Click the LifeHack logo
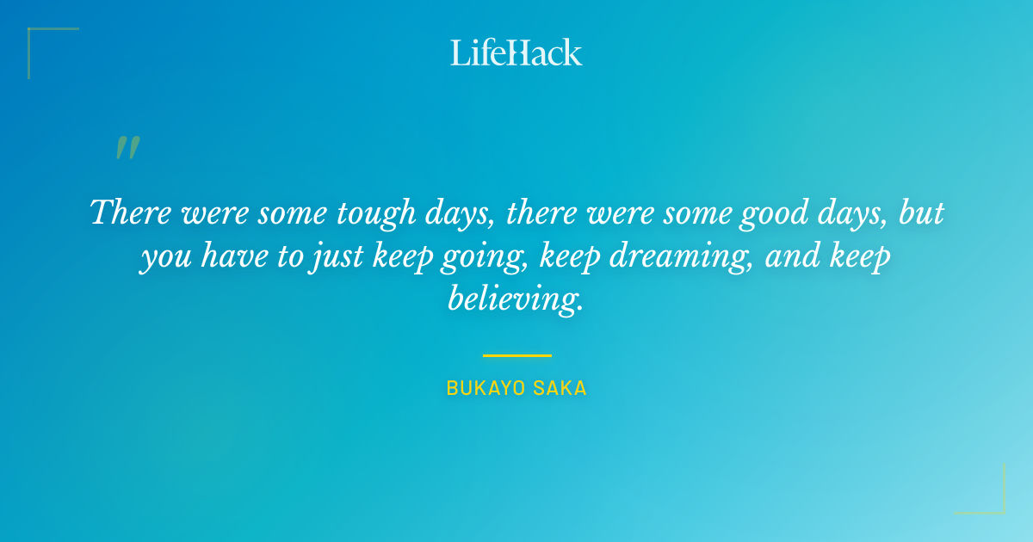(516, 52)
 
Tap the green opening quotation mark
(127, 148)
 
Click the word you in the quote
(164, 257)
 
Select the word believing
(516, 299)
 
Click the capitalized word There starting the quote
(130, 212)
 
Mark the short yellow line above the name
(516, 355)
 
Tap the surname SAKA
(560, 389)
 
